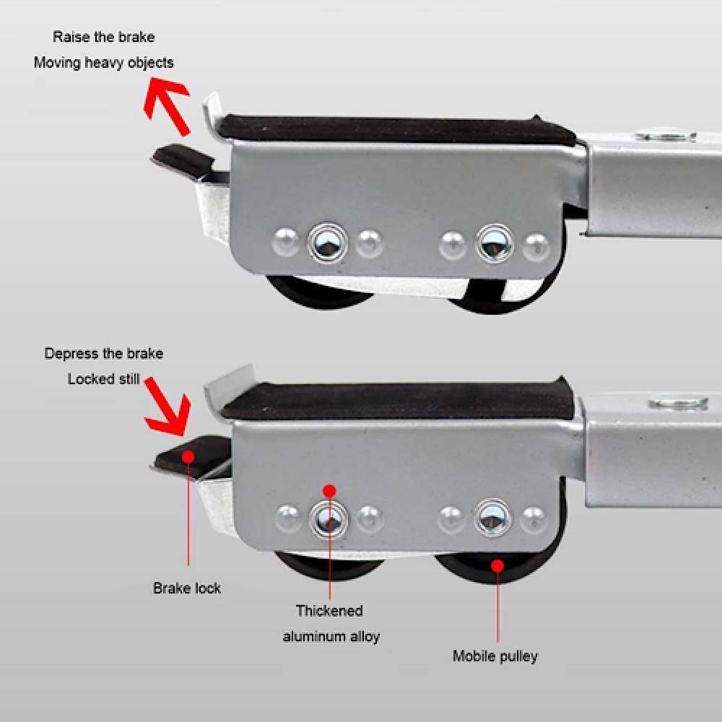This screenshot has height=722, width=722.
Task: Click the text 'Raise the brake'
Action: (x=103, y=37)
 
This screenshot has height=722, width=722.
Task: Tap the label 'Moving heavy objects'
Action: (x=103, y=63)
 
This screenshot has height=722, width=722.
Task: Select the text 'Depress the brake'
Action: (x=103, y=354)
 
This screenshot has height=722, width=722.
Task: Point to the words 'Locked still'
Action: (x=103, y=379)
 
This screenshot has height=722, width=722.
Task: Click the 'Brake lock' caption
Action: (x=187, y=588)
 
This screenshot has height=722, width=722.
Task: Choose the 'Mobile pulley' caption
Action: (x=495, y=656)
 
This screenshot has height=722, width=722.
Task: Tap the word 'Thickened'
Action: (x=329, y=611)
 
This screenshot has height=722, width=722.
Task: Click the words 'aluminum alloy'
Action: (x=331, y=636)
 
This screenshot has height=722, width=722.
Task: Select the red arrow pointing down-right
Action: (x=167, y=406)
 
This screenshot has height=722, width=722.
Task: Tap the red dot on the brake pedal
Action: (x=188, y=456)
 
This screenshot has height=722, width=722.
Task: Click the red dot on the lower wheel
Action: (x=497, y=565)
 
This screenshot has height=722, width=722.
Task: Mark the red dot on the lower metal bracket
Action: (x=329, y=491)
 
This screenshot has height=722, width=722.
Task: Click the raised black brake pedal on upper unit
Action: (x=183, y=158)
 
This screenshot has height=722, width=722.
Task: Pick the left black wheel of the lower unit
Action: (x=329, y=566)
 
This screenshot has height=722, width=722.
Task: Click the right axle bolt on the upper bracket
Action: (x=495, y=243)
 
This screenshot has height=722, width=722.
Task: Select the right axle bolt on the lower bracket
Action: (x=493, y=518)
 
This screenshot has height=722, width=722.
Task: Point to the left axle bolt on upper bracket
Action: (x=327, y=243)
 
